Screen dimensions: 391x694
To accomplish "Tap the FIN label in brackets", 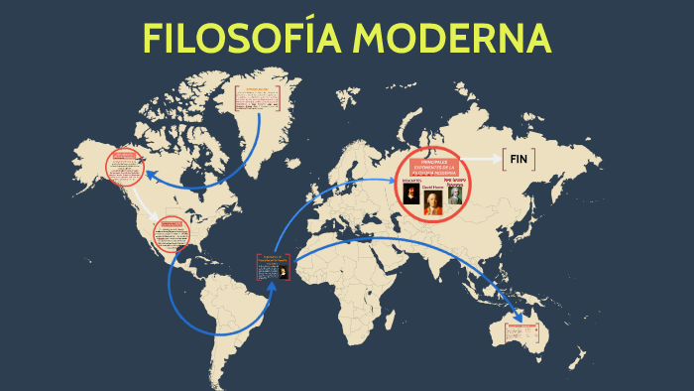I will [x=519, y=159].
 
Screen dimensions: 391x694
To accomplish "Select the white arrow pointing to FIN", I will [x=485, y=159].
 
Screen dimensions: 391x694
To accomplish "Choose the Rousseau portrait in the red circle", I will [x=454, y=195].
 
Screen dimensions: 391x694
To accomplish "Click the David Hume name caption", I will [x=433, y=186].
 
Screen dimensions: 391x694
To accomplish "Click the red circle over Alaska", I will [x=126, y=167].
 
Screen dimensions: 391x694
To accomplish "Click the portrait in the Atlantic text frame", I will [x=283, y=270].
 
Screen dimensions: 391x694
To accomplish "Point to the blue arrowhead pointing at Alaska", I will [x=154, y=173].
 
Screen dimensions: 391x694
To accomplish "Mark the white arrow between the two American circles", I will [x=151, y=205].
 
